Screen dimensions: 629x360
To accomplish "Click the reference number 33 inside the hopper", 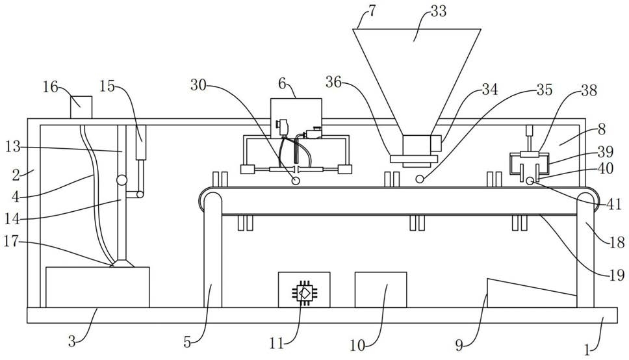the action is (438, 11).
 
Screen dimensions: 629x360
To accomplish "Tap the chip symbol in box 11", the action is (305, 292).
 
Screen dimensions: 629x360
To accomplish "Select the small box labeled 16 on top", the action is (81, 107).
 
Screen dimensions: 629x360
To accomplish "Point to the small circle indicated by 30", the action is (296, 181).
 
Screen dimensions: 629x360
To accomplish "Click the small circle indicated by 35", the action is (420, 179).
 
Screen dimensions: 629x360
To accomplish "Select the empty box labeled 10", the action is (381, 290).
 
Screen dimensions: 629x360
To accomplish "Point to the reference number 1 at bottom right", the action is (587, 350).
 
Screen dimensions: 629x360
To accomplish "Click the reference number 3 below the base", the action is (72, 342).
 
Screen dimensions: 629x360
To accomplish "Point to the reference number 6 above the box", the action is (283, 84).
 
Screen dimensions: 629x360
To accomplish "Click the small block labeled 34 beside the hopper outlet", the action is (436, 143).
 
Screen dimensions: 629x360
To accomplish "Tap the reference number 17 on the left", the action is (12, 241).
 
